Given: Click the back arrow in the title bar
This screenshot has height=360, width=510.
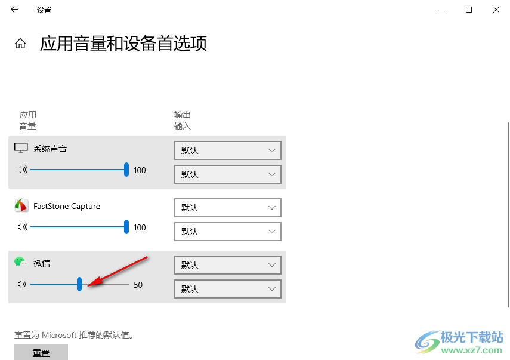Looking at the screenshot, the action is pyautogui.click(x=14, y=10).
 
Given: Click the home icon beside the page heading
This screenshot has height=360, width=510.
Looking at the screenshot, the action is pyautogui.click(x=20, y=44).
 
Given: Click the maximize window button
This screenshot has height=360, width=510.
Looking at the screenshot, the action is pyautogui.click(x=469, y=10).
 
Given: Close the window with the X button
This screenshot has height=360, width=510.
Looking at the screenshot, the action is pyautogui.click(x=496, y=10).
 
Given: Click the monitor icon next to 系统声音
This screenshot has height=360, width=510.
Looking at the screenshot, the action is pyautogui.click(x=21, y=148).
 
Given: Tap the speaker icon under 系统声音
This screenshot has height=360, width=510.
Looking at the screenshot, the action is pyautogui.click(x=23, y=170).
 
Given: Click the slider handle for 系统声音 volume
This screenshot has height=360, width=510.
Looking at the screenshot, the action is pyautogui.click(x=126, y=170).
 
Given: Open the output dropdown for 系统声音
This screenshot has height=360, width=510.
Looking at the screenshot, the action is pyautogui.click(x=228, y=150).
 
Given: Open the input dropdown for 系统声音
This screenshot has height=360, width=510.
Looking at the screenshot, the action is pyautogui.click(x=228, y=174).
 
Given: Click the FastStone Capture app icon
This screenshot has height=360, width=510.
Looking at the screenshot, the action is pyautogui.click(x=21, y=206).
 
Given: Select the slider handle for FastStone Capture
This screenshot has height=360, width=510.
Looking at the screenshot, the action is pyautogui.click(x=126, y=227).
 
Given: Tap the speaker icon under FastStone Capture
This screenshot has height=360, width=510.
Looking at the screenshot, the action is pyautogui.click(x=23, y=227).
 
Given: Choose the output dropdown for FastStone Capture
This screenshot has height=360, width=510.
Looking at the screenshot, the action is pyautogui.click(x=228, y=208).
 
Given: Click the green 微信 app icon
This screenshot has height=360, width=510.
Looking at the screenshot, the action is pyautogui.click(x=20, y=261).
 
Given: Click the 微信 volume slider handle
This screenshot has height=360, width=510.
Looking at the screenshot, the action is pyautogui.click(x=79, y=284).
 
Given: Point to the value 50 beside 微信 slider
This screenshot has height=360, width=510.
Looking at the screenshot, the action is pyautogui.click(x=138, y=285).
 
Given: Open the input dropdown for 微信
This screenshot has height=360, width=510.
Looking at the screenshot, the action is pyautogui.click(x=228, y=289).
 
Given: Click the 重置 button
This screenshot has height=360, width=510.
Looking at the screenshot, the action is pyautogui.click(x=41, y=352).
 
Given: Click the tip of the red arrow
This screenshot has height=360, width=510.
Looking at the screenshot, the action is pyautogui.click(x=88, y=286).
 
